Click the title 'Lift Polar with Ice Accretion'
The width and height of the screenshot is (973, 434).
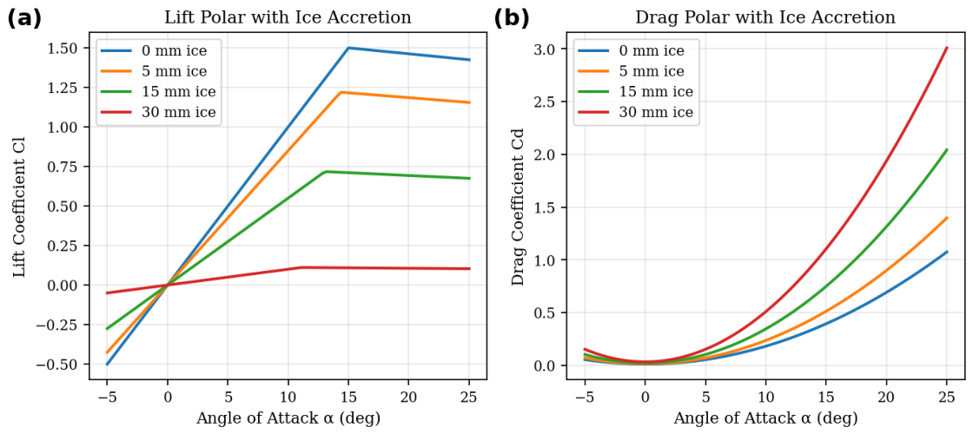288,17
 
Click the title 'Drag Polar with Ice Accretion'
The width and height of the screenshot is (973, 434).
765,17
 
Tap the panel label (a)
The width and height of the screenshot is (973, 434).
24,18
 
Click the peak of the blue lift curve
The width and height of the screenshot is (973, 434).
348,48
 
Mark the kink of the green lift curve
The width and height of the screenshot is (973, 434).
326,171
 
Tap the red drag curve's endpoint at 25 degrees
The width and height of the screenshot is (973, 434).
947,47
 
